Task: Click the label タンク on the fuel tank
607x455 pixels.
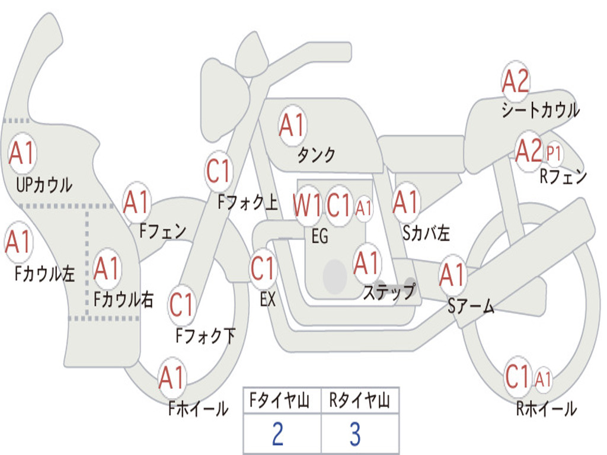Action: tap(316, 155)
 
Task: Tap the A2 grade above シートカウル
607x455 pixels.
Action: tap(515, 82)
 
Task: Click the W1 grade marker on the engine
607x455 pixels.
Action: tap(308, 205)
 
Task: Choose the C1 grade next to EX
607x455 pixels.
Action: tap(263, 268)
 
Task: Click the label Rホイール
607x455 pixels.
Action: tap(546, 409)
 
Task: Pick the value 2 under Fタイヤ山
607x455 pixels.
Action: tap(277, 434)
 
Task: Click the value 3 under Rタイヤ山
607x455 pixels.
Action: tap(354, 434)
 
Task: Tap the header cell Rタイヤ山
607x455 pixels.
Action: tap(359, 402)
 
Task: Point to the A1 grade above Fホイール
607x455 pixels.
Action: tap(172, 378)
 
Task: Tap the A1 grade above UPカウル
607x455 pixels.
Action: tap(23, 153)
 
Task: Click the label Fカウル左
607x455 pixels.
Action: tap(44, 274)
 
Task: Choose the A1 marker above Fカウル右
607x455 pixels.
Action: tap(107, 269)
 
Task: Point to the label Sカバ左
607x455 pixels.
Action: tap(426, 233)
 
